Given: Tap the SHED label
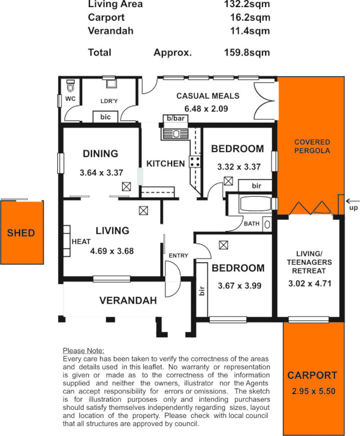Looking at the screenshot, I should (x=21, y=233).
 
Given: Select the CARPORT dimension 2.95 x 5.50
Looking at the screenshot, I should (x=313, y=391).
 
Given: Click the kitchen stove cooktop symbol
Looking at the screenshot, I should (x=194, y=161).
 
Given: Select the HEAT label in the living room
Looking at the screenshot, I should (x=80, y=241).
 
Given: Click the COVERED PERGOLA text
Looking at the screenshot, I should (x=312, y=146).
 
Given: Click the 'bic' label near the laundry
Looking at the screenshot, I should (x=106, y=117).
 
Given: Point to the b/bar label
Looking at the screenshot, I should (x=175, y=118).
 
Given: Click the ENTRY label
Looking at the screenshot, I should (x=178, y=256).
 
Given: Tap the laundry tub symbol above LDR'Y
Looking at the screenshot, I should (x=111, y=84).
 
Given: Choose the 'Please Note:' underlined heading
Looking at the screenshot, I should (x=83, y=350).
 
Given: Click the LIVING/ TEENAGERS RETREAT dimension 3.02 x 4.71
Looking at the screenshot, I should (x=309, y=283).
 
